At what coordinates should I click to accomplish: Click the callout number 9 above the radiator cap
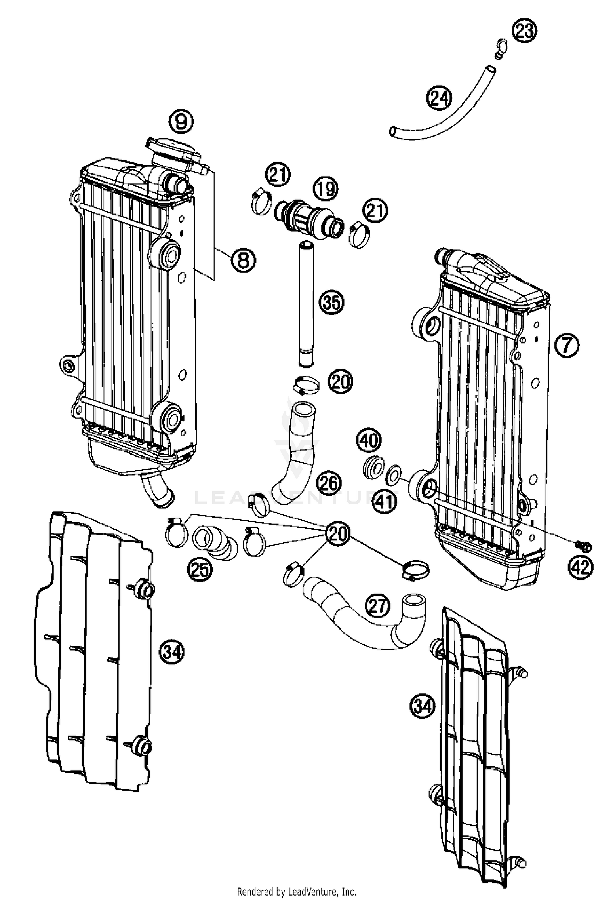181,122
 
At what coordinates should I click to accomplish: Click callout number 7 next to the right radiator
567,346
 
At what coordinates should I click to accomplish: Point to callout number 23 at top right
524,31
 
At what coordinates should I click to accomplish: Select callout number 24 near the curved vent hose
439,99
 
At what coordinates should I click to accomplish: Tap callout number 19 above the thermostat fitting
326,189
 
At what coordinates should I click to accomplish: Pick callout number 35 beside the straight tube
331,303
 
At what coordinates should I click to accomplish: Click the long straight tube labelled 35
306,305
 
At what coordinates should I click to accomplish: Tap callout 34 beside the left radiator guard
172,651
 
